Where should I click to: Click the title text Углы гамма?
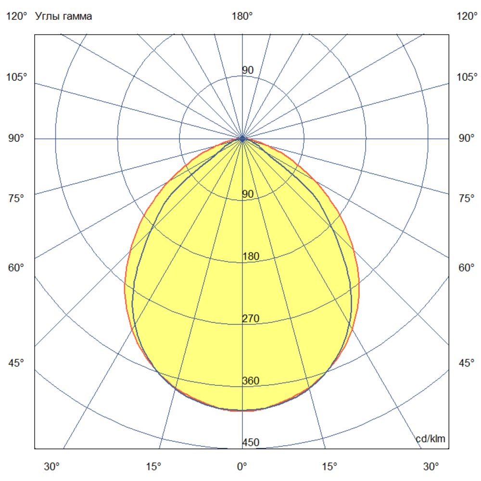[63, 16]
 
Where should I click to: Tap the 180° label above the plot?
[242, 16]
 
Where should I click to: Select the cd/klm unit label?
[430, 439]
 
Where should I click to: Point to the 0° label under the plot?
[242, 466]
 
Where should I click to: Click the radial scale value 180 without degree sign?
[251, 256]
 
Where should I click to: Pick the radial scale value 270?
[251, 318]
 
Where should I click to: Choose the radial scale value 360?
[251, 381]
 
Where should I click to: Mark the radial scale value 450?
[251, 443]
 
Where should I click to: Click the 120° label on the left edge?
[17, 16]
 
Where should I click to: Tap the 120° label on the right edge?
[467, 16]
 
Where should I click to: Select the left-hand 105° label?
[17, 77]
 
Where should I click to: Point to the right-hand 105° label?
[467, 77]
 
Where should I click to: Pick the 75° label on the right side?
[465, 198]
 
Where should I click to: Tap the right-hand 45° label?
[465, 363]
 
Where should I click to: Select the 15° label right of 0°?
[329, 466]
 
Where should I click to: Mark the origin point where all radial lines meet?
[242, 139]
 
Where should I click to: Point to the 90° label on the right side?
[465, 139]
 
